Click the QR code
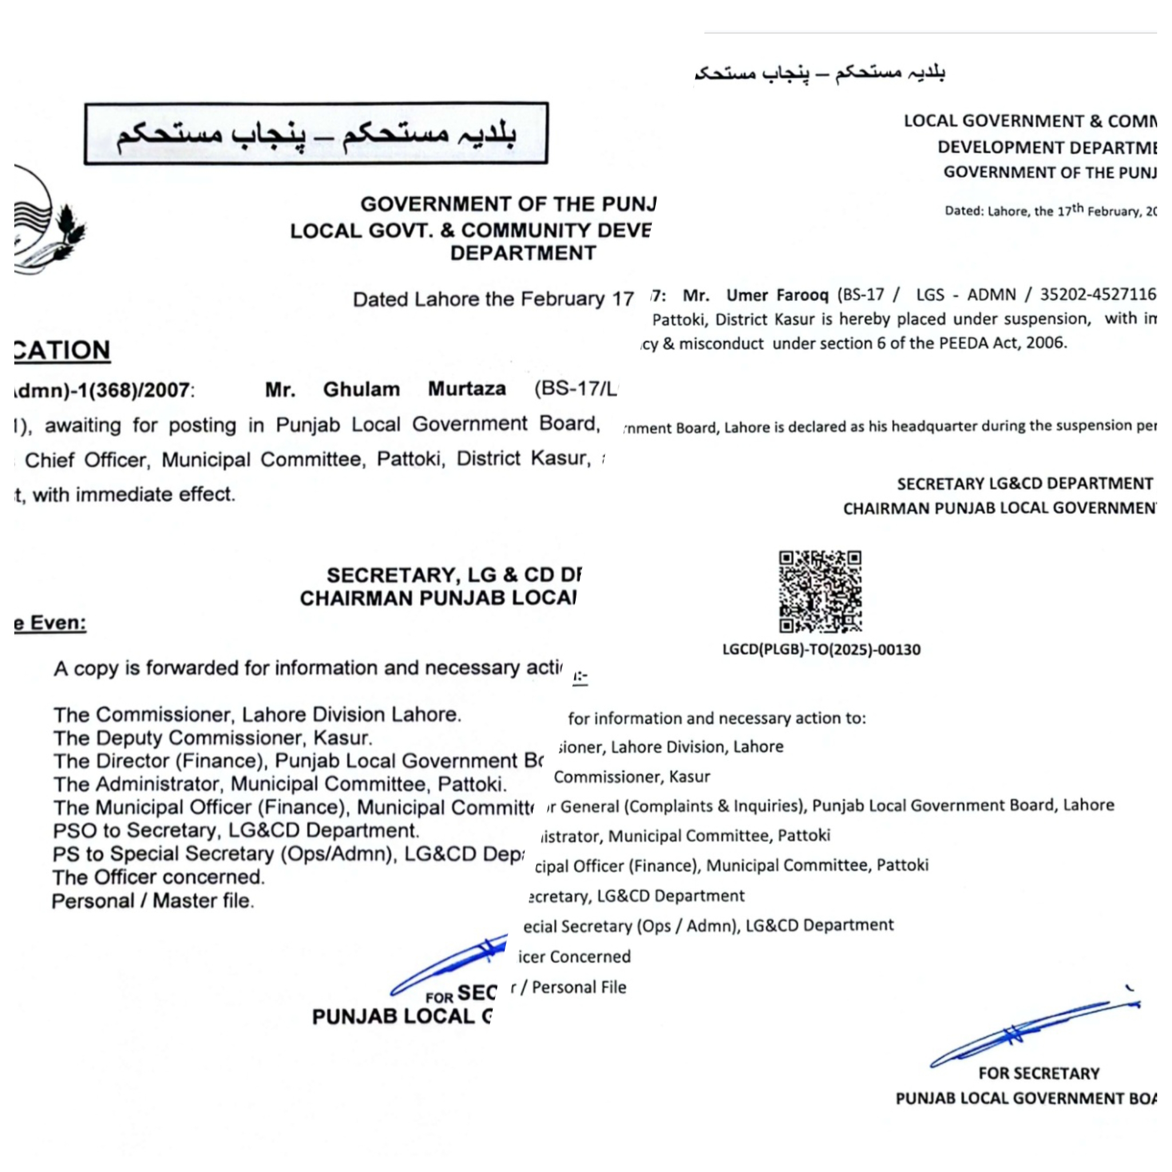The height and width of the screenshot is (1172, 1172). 820,592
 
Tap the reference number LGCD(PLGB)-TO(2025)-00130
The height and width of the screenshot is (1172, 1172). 821,650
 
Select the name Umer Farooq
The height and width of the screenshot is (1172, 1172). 777,295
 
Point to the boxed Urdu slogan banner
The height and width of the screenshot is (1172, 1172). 316,133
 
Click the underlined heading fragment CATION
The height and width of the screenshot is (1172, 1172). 62,351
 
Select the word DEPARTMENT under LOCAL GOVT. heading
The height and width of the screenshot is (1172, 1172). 523,253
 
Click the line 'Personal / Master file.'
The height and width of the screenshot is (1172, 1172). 153,901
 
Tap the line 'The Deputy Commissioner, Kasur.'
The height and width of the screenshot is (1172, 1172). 213,738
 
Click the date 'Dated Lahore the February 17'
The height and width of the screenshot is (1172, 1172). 493,299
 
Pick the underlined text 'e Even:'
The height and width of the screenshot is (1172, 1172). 50,624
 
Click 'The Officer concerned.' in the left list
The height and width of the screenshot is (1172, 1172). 159,878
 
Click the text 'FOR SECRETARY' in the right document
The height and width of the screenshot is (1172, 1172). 1039,1074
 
